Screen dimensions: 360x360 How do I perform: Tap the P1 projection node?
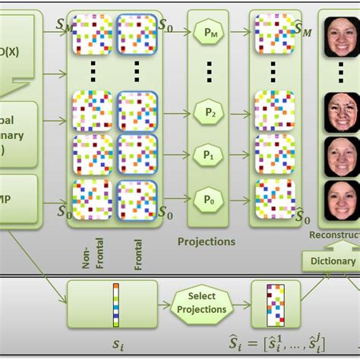[x=207, y=153]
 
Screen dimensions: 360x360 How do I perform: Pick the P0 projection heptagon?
[x=207, y=198]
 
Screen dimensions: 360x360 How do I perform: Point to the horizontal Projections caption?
[x=206, y=242]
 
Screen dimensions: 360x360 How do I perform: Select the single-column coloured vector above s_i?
[x=116, y=302]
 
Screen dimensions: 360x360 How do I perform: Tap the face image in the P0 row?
[x=339, y=199]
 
